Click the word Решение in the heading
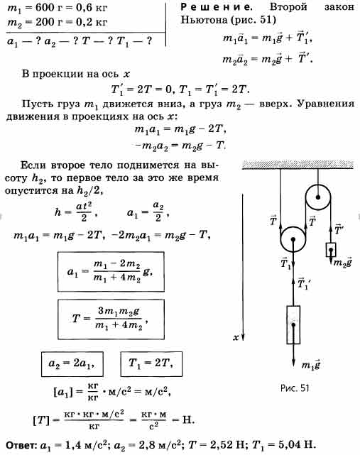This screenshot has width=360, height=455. click(217, 6)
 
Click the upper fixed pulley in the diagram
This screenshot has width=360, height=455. click(318, 197)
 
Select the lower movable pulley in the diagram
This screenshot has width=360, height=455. click(293, 240)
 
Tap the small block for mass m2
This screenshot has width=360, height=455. click(331, 250)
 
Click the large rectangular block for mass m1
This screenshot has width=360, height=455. click(293, 325)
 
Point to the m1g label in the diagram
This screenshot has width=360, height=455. click(310, 365)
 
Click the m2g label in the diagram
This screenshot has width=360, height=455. click(342, 262)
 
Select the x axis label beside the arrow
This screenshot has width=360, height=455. click(236, 337)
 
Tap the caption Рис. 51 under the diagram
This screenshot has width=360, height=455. click(295, 388)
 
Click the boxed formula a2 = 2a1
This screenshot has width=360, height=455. click(72, 364)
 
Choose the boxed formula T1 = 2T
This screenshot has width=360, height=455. click(151, 364)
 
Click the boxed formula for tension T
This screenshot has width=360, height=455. click(111, 319)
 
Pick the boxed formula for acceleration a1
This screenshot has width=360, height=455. click(111, 272)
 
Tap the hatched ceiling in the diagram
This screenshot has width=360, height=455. click(298, 165)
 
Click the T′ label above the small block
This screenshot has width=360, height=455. click(339, 229)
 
